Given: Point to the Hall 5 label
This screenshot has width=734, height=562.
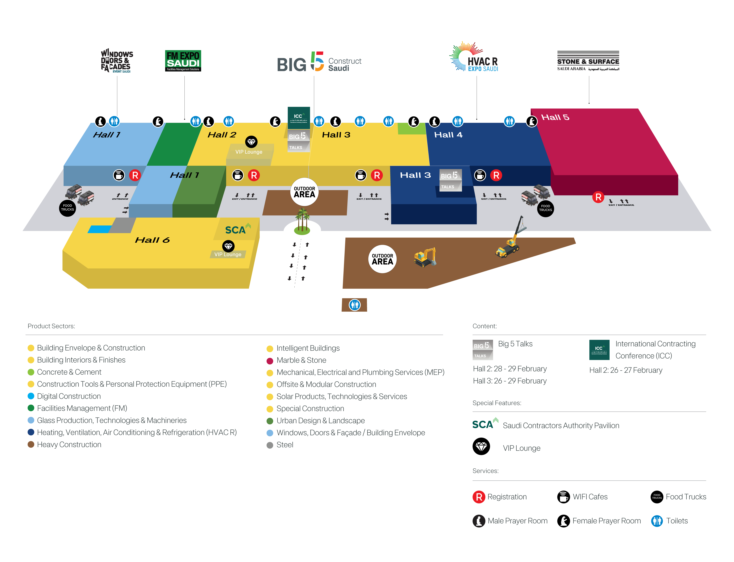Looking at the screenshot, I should pyautogui.click(x=555, y=117).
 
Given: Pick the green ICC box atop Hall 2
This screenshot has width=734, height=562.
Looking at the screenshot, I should pyautogui.click(x=298, y=117).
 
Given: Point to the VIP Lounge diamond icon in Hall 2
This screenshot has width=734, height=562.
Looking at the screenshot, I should pyautogui.click(x=251, y=142).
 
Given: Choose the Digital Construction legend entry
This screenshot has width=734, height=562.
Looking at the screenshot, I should pyautogui.click(x=68, y=396).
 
